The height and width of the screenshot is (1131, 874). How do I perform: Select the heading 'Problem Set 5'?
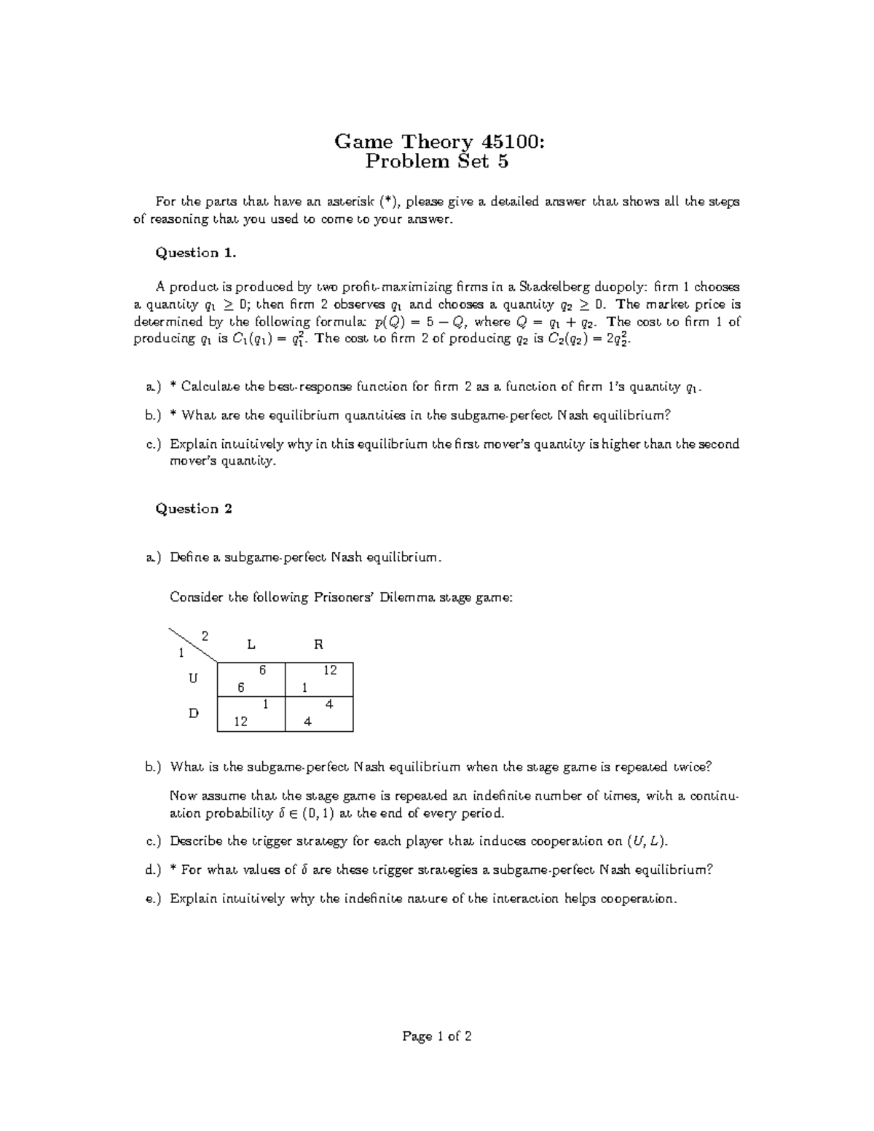point(436,162)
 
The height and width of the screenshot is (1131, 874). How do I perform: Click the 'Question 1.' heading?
point(196,253)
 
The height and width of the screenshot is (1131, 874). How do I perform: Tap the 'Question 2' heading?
point(194,509)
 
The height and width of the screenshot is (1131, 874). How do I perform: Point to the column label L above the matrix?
point(251,645)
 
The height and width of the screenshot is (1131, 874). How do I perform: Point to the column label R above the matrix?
point(318,645)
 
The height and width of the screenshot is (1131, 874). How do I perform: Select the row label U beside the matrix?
point(193,679)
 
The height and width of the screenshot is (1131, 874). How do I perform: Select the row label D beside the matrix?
point(193,713)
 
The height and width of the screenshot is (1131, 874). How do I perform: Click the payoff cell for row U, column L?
point(251,679)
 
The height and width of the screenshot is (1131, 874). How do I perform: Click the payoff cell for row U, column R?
point(319,679)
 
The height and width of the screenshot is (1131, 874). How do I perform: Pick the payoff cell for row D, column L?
point(251,714)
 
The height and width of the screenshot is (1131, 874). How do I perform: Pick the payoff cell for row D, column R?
point(319,714)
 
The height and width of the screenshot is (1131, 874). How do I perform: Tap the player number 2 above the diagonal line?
point(205,636)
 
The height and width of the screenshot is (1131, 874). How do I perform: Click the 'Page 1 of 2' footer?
point(437,1036)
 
